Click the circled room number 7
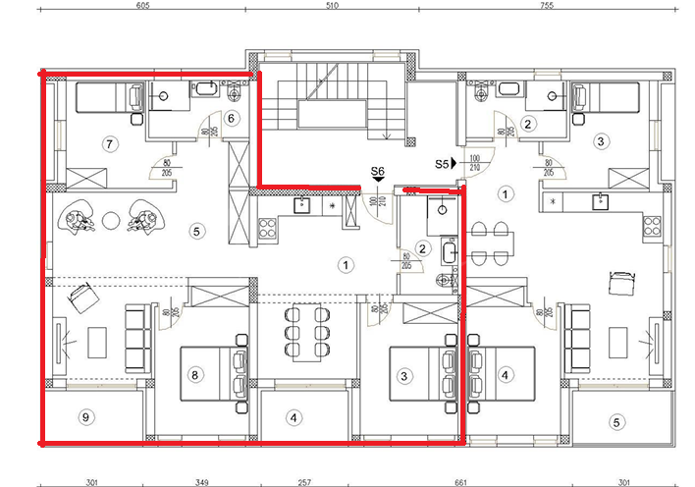click(x=110, y=144)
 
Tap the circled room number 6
click(x=232, y=118)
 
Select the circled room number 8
click(x=195, y=374)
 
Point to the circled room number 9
click(x=86, y=417)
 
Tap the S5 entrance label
click(x=441, y=165)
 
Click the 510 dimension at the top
click(x=331, y=5)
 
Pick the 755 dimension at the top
click(x=547, y=5)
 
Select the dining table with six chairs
click(x=304, y=331)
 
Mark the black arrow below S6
click(x=378, y=182)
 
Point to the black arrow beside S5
click(x=454, y=165)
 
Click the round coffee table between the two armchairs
click(x=112, y=220)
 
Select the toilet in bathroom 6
click(x=235, y=95)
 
